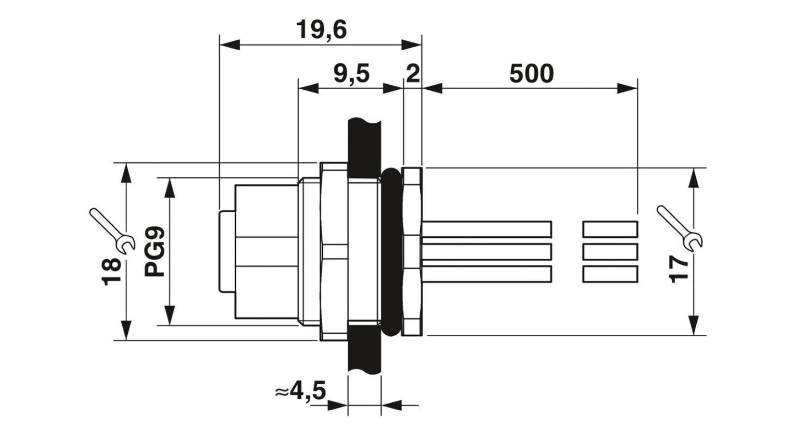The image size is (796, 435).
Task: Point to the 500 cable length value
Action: pos(531,73)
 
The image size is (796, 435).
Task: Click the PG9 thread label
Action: pos(155,253)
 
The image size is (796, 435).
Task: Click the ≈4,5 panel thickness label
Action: pos(300,392)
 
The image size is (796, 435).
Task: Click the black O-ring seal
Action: pos(391,252)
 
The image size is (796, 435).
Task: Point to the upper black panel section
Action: pos(364,141)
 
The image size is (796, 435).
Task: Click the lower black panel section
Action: pos(364,352)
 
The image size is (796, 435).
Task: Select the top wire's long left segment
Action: pos(487,229)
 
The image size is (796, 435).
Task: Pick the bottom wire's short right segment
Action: pos(610,274)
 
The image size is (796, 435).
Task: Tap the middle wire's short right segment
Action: pos(610,252)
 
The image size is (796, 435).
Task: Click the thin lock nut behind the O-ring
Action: pos(411,252)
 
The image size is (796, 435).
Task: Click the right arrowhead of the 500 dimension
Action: pos(628,88)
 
